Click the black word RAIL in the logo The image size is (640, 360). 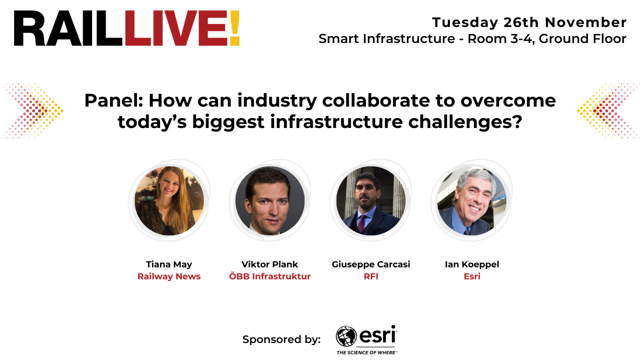[x=69, y=28]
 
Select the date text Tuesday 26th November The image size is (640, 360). [x=529, y=22]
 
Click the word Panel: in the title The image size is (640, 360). [x=114, y=100]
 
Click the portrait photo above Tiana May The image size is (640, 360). [x=169, y=200]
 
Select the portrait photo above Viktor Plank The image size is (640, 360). [x=270, y=200]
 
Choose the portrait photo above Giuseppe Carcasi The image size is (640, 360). [x=371, y=200]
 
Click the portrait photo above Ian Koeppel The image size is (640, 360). [x=471, y=200]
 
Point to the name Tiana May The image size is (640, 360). [x=169, y=264]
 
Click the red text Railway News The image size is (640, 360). [x=169, y=276]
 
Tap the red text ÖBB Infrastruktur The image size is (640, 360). [x=270, y=276]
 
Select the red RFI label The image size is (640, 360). [x=371, y=276]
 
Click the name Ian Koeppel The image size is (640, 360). [x=472, y=264]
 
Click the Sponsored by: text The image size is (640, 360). [x=281, y=339]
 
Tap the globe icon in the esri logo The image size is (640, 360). [x=346, y=336]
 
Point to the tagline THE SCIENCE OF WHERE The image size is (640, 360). [x=367, y=352]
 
